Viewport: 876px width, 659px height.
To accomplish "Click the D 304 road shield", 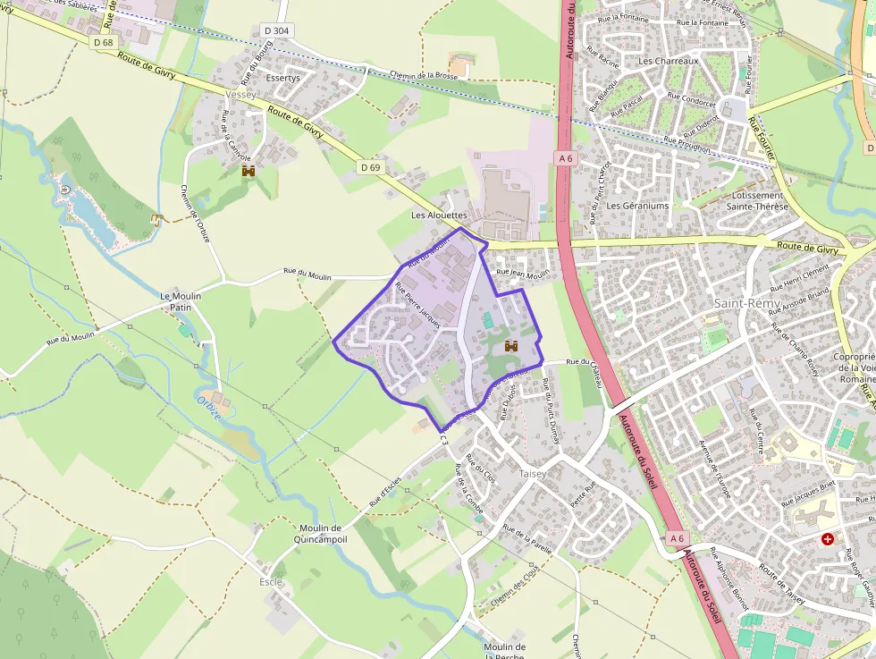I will pyautogui.click(x=277, y=30).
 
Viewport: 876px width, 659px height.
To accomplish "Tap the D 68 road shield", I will pyautogui.click(x=103, y=42).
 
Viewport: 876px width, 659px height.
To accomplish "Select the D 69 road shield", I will pyautogui.click(x=370, y=167).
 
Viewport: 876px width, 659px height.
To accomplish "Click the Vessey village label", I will pyautogui.click(x=241, y=94).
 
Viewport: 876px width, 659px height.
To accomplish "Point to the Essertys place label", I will pyautogui.click(x=283, y=78).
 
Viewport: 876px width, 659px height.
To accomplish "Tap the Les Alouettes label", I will pyautogui.click(x=439, y=215).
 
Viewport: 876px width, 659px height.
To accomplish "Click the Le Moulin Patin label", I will pyautogui.click(x=181, y=301).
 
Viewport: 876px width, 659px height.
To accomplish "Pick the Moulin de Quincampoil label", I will pyautogui.click(x=321, y=534).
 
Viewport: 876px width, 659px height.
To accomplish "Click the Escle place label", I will pyautogui.click(x=270, y=582).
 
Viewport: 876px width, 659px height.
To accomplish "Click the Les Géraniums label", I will pyautogui.click(x=637, y=206).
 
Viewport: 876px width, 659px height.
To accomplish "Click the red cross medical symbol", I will pyautogui.click(x=828, y=539).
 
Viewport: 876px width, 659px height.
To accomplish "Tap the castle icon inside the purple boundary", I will pyautogui.click(x=511, y=345).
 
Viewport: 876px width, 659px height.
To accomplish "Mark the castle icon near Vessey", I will pyautogui.click(x=248, y=170).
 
